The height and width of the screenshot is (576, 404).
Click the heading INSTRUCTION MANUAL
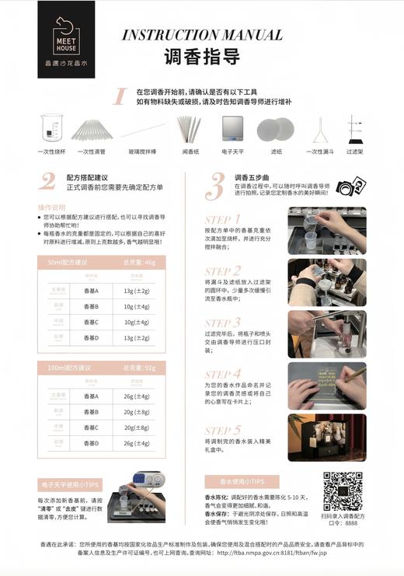point(201,35)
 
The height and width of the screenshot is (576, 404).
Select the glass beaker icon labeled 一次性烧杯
point(51,129)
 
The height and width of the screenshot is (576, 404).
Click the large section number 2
point(47,181)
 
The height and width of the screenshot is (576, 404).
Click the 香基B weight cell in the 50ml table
point(137,306)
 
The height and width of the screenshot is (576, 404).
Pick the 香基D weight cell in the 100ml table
point(137,443)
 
